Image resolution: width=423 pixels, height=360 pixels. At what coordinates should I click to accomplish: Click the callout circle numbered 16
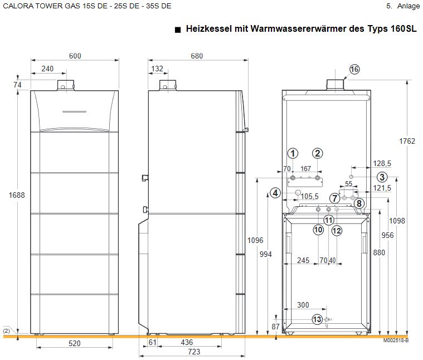point(354,69)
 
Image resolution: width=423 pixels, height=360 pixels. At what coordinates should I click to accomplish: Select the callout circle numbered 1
point(293,153)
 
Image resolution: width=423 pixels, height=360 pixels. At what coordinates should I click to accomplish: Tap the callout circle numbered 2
point(317,153)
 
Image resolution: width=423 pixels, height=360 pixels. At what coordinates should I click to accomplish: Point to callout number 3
point(381,177)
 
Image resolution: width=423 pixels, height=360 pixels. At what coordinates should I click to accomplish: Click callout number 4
point(275,193)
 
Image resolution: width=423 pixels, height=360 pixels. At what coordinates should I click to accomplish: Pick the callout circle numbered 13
point(317,319)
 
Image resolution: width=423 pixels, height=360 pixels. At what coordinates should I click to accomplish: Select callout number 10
point(318,229)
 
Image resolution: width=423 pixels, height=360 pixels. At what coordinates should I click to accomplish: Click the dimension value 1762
point(408,142)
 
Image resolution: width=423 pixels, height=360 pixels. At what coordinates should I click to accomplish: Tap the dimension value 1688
point(17,194)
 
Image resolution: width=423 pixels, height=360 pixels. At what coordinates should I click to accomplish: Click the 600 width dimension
point(75,56)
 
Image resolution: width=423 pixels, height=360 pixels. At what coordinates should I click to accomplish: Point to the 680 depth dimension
point(197,56)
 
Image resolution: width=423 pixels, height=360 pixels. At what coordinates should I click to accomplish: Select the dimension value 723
point(194,352)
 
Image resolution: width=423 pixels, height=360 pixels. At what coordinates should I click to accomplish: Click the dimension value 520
point(75,344)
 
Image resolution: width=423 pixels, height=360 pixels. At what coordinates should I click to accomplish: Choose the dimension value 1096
point(255,240)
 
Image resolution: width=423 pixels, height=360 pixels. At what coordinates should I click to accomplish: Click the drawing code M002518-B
point(396,340)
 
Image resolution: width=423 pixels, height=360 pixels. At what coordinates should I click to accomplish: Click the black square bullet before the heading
point(177,29)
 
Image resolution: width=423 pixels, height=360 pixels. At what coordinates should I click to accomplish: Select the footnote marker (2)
point(6,330)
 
